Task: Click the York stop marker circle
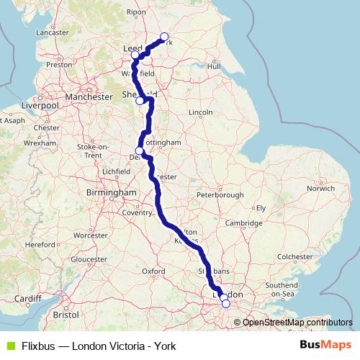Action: click(x=164, y=37)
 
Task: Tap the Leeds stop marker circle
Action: click(x=135, y=55)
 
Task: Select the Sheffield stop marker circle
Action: click(x=140, y=101)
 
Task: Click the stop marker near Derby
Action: click(x=139, y=151)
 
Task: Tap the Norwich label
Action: click(x=320, y=189)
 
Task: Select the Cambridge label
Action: click(x=243, y=223)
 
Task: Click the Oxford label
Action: click(x=154, y=271)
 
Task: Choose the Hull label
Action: click(x=213, y=66)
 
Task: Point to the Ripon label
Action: click(x=135, y=12)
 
